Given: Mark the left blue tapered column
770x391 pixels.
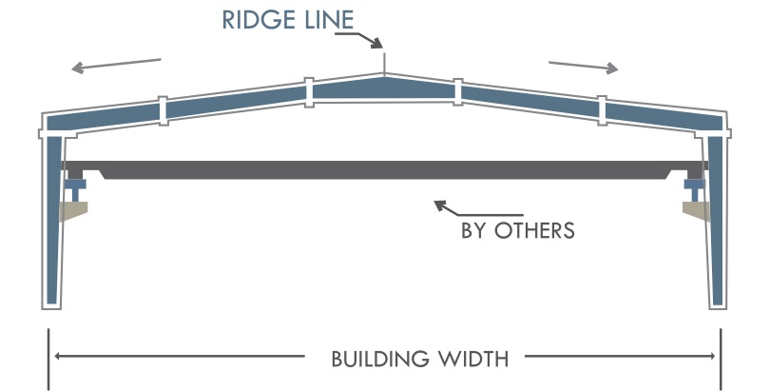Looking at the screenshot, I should [x=53, y=219].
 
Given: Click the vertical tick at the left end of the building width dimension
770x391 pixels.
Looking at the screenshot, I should [x=48, y=358].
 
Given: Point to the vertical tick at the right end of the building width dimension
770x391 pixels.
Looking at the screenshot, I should [x=721, y=358].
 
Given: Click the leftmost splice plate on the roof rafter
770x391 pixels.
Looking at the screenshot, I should [x=163, y=109].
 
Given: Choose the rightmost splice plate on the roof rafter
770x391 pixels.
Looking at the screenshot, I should [x=602, y=109].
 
